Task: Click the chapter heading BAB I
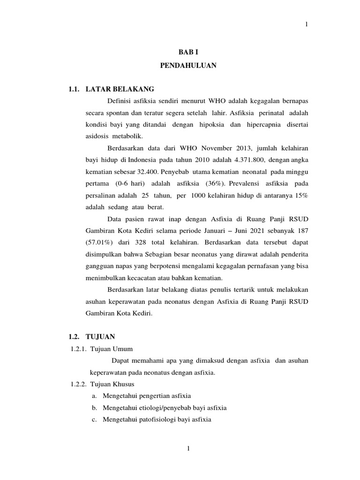pos(187,54)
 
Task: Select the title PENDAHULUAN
pos(188,66)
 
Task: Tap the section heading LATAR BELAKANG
pos(120,89)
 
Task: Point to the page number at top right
pos(307,24)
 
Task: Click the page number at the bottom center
pos(188,449)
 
